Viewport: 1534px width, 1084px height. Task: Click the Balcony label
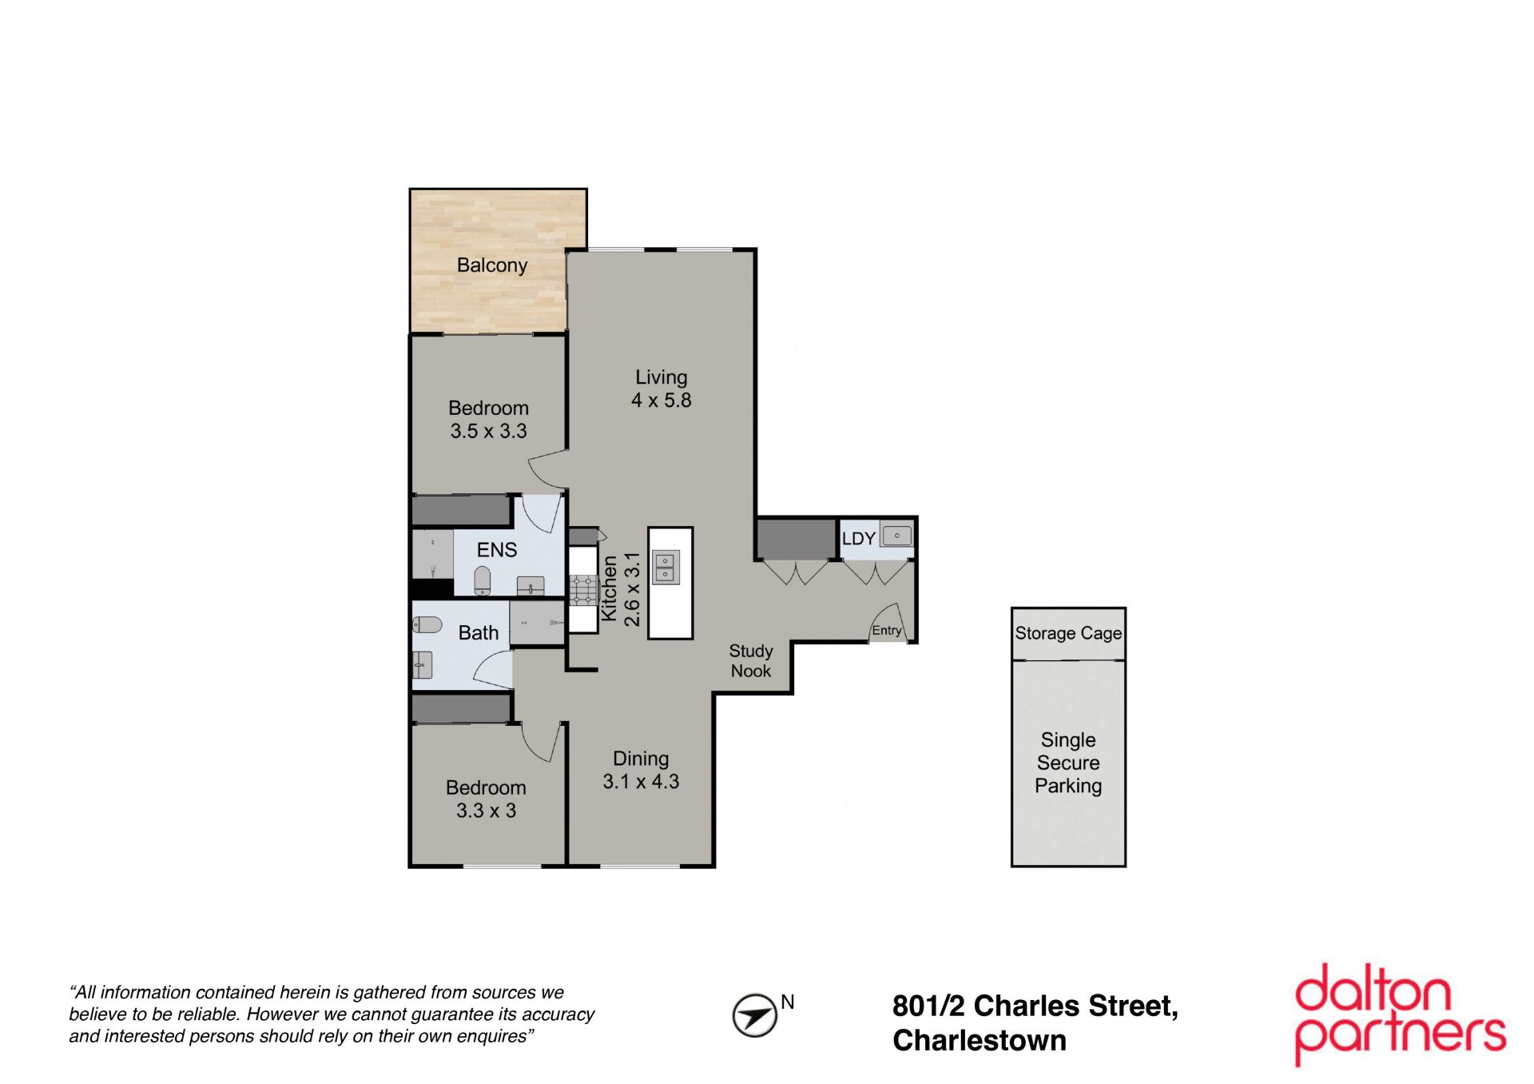[492, 265]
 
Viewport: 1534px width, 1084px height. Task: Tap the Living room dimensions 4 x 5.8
[662, 401]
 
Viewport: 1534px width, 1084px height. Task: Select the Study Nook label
[751, 661]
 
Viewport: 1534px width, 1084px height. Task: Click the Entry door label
[887, 630]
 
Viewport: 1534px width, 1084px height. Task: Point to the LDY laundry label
[859, 539]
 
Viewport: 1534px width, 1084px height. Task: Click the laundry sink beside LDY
[897, 536]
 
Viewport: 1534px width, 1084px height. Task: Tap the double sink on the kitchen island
[666, 568]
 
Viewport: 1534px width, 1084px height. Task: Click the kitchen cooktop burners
[583, 589]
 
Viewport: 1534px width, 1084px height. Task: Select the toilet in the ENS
[482, 580]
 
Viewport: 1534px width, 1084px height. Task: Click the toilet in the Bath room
[427, 624]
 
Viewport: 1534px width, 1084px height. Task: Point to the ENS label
[497, 550]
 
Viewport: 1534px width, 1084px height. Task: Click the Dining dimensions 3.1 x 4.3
[641, 782]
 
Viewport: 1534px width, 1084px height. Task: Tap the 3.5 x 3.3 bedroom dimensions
[489, 432]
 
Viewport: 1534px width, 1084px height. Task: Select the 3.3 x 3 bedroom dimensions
[487, 811]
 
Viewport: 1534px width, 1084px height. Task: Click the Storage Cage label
[1068, 633]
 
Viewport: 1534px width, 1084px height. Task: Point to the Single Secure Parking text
[1068, 763]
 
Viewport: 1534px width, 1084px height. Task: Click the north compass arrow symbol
[755, 1016]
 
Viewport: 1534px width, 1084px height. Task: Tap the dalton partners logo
[1400, 1014]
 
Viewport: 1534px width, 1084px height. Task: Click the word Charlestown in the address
[980, 1041]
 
